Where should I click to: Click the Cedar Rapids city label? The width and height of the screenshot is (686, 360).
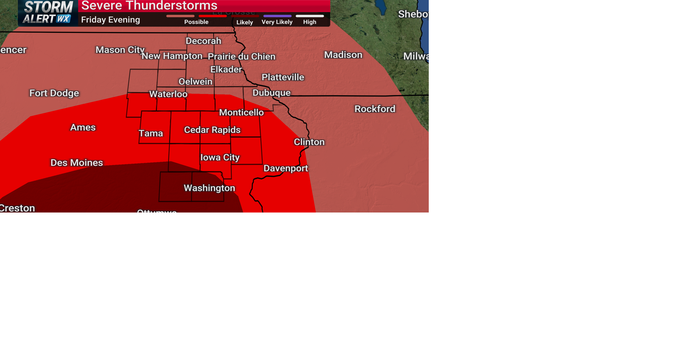(212, 130)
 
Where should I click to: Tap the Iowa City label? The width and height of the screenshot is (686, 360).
(220, 157)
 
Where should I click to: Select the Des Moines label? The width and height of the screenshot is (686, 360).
(77, 163)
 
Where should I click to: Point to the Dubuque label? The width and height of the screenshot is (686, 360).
(272, 93)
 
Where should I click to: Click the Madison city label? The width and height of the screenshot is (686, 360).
(343, 55)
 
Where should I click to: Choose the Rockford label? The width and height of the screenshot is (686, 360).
(375, 109)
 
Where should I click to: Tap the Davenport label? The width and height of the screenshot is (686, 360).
(286, 169)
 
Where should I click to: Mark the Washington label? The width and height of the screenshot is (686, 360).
(209, 188)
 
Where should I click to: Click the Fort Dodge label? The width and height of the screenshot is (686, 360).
(54, 93)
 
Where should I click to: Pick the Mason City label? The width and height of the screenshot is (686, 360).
(120, 50)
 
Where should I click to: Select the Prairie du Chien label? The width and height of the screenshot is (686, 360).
(242, 57)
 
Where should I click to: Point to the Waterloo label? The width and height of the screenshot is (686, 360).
(168, 94)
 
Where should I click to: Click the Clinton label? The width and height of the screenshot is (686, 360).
(309, 142)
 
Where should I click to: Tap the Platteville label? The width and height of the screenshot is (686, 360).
(283, 77)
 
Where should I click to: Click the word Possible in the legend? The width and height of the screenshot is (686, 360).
(196, 22)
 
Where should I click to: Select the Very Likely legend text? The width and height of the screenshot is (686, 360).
(277, 22)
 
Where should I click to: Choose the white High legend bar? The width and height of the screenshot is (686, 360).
(310, 16)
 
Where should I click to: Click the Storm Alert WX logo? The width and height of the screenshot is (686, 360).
(48, 13)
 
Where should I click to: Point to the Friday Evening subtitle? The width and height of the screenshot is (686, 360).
(110, 20)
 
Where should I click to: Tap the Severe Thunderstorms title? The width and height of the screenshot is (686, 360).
(149, 6)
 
